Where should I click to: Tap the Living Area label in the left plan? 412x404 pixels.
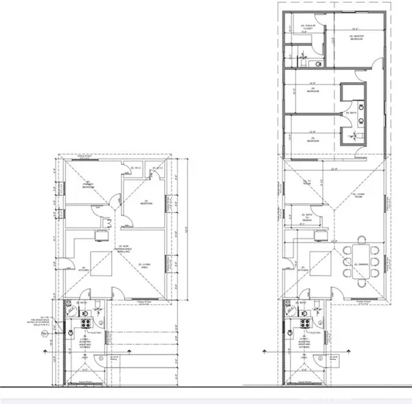pyautogui.click(x=144, y=265)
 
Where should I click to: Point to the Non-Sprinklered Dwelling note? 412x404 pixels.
pyautogui.click(x=124, y=249)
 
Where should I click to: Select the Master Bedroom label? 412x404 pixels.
pyautogui.click(x=355, y=38)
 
